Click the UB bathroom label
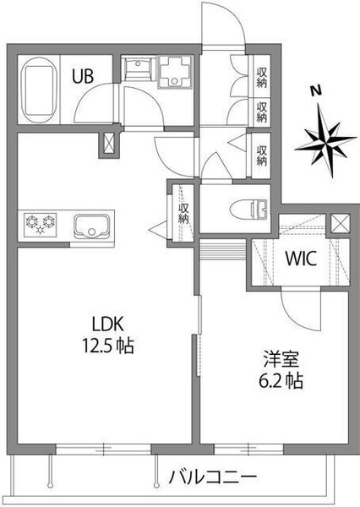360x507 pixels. (x=83, y=77)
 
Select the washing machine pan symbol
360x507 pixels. (x=175, y=72)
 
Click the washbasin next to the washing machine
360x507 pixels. (x=139, y=68)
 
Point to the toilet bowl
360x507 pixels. (x=249, y=208)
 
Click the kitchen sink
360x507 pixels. (x=92, y=226)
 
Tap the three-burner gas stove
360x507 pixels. (x=40, y=224)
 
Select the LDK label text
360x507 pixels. (x=107, y=324)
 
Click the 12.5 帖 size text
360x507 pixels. (x=108, y=345)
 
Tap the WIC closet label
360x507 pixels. (x=301, y=259)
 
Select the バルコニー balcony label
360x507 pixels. (x=213, y=477)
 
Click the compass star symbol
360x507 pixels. (x=325, y=140)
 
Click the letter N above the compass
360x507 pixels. (x=316, y=90)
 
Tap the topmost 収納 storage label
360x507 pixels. (x=261, y=77)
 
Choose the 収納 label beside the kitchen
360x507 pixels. (x=183, y=213)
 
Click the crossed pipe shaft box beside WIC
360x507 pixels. (x=340, y=223)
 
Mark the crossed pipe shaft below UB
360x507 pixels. (x=109, y=143)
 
